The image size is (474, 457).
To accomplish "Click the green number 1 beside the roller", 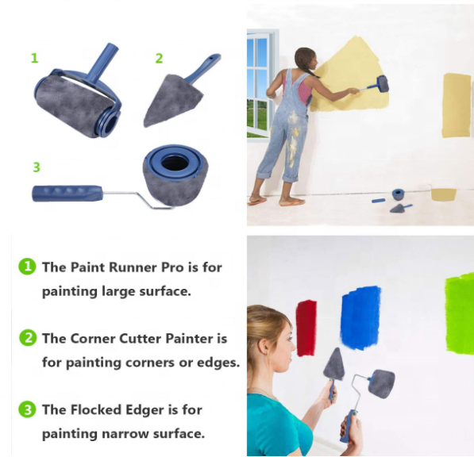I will pos(34,58).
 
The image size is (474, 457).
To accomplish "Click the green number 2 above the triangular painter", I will pos(159,58).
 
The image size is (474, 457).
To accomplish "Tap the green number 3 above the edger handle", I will pos(37,167).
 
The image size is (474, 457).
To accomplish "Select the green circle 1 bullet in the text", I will pos(28,267).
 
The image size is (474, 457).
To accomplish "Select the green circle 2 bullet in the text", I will pos(28,338).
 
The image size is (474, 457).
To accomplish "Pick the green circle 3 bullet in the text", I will pos(28,409).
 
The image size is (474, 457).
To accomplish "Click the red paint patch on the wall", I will pos(306,327).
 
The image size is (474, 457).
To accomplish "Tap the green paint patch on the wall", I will pos(459,313).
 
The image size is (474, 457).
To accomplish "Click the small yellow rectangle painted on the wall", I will pos(456,104).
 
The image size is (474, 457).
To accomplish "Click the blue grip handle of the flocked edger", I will pos(67,193).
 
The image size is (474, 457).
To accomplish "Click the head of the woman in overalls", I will pos(306,59).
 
